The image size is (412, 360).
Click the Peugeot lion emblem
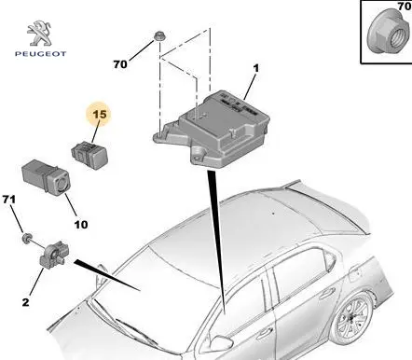(39, 34)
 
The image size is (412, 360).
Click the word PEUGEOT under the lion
(41, 54)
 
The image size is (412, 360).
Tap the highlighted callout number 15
(100, 115)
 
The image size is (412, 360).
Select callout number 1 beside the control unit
(255, 68)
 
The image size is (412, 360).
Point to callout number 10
(81, 224)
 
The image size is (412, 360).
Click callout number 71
(9, 199)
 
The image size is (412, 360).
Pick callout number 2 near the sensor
(25, 302)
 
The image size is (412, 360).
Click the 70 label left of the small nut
(120, 64)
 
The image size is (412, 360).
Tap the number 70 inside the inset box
(405, 6)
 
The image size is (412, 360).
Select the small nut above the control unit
(159, 36)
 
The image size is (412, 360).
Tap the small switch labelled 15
(89, 155)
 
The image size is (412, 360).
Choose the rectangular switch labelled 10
(46, 177)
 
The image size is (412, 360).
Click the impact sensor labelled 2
(53, 256)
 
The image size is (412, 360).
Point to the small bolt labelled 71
(26, 238)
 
